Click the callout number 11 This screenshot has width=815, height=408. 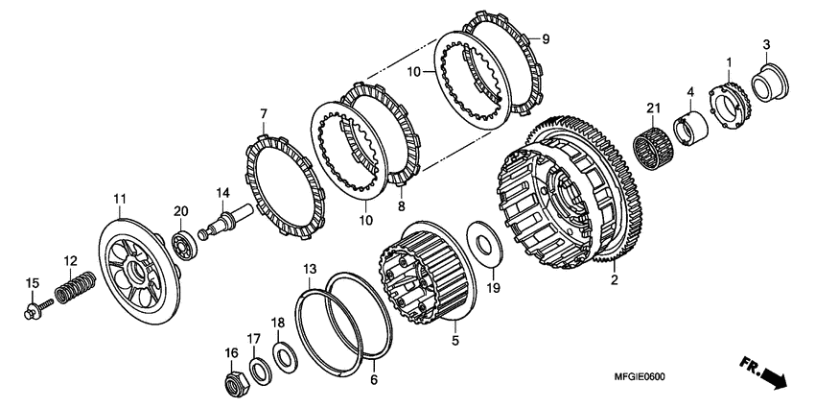pos(119,200)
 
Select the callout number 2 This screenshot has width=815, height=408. pos(612,282)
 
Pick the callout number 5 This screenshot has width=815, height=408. pos(455,340)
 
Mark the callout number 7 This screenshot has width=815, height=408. pos(261,114)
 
